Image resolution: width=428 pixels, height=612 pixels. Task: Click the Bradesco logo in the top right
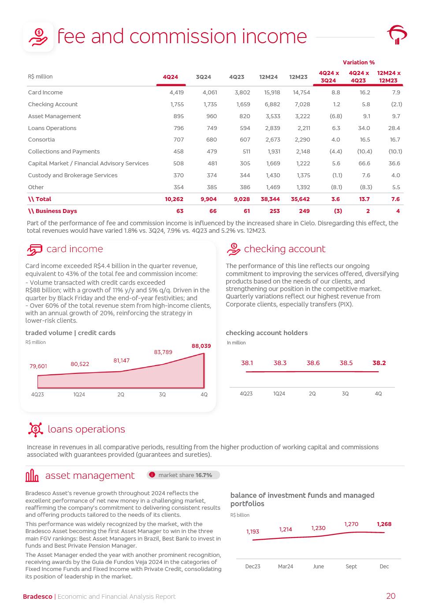click(397, 35)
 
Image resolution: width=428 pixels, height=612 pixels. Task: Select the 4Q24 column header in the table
click(171, 77)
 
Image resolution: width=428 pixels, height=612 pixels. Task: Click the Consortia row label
click(41, 140)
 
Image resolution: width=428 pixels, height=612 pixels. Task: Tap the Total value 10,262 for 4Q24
click(174, 199)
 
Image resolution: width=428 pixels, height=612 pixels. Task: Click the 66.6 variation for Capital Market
click(364, 164)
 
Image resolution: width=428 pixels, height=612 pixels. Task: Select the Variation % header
click(358, 63)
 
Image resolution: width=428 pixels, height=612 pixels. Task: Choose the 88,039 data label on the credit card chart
click(201, 346)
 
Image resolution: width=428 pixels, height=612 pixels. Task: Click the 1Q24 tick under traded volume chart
click(79, 395)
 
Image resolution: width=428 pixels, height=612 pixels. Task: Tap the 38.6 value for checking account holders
click(313, 363)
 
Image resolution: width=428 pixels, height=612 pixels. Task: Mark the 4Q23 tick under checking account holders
click(246, 394)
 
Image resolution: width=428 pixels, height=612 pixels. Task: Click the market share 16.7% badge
click(183, 475)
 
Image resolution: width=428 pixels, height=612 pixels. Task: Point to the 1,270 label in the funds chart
click(351, 524)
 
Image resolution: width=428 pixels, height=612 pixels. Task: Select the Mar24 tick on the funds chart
click(286, 567)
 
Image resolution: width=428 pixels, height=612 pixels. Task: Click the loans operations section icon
click(35, 429)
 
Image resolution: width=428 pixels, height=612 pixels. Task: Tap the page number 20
click(391, 597)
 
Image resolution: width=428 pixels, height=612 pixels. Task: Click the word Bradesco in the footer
click(37, 597)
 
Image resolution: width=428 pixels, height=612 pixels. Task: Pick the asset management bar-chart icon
click(32, 476)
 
